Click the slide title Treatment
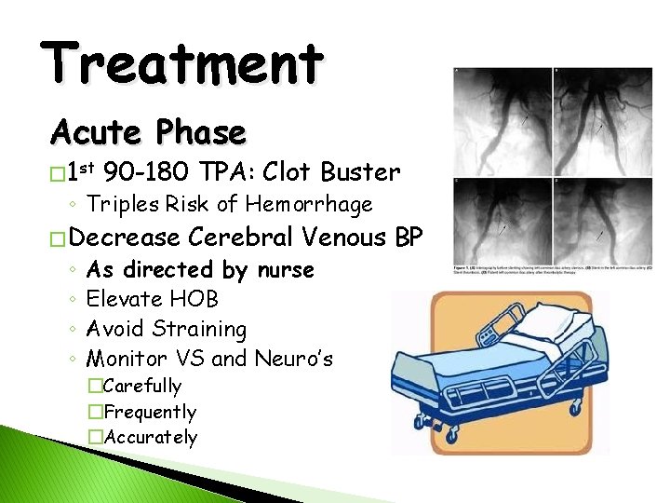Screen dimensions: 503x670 [x=183, y=63]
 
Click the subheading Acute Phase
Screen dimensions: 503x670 [x=148, y=133]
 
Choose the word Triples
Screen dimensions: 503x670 [x=121, y=204]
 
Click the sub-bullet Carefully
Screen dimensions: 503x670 [x=143, y=386]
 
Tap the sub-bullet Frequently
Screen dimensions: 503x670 [x=151, y=412]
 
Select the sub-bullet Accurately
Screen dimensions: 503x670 [x=151, y=437]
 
